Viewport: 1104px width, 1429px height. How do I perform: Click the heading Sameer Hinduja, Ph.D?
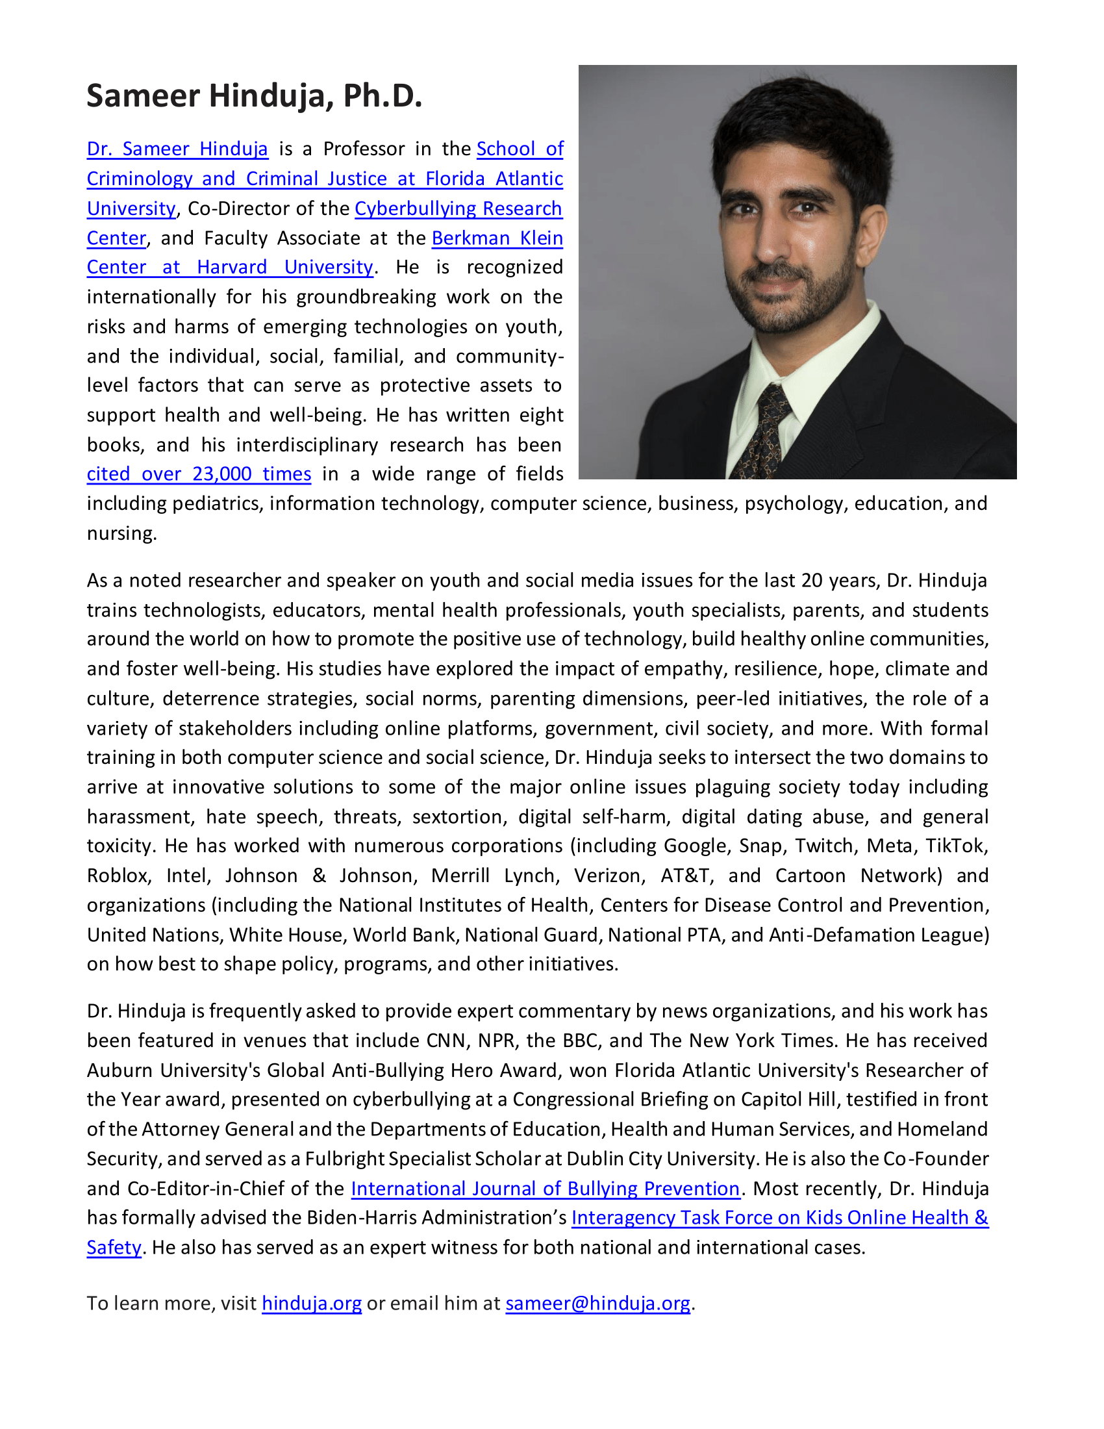tap(255, 95)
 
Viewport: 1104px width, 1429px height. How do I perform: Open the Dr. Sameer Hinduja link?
tap(177, 149)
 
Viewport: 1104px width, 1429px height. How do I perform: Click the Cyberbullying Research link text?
tap(458, 209)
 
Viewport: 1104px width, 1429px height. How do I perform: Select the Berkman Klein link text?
tap(497, 238)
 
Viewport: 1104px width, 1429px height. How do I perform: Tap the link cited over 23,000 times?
tap(199, 474)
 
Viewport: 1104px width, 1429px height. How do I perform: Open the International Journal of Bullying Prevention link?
tap(545, 1188)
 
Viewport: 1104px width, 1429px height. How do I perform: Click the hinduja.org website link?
tap(311, 1304)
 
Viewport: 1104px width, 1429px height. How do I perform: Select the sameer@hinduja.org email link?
tap(597, 1304)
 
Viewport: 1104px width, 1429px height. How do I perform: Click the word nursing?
tap(121, 534)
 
